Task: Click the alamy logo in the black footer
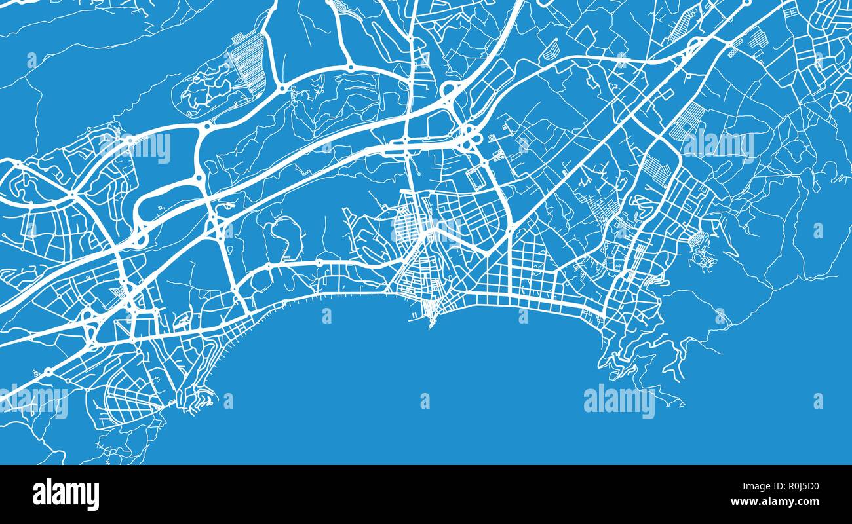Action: [66, 495]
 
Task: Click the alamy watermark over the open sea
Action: [619, 401]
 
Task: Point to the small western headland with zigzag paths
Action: [200, 397]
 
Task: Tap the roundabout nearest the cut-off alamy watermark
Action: [48, 372]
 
